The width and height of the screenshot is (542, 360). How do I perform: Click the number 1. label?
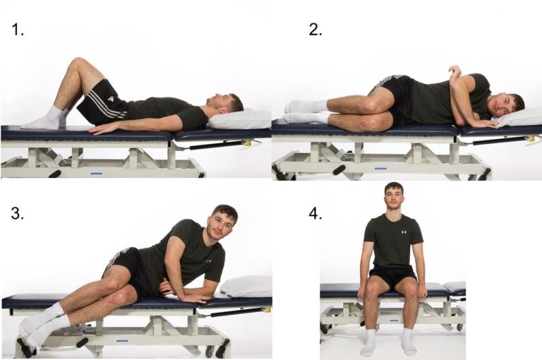click(x=18, y=30)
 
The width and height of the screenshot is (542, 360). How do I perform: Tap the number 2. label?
click(x=315, y=30)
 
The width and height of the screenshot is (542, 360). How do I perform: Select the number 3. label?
click(x=18, y=214)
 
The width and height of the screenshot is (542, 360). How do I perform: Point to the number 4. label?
click(x=315, y=214)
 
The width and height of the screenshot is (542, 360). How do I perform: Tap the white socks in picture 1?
click(x=46, y=119)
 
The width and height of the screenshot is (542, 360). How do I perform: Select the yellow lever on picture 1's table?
click(x=247, y=142)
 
